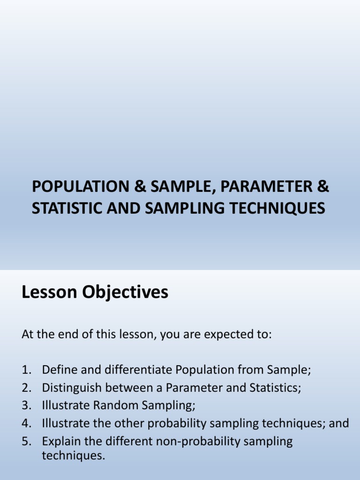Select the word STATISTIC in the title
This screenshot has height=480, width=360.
pyautogui.click(x=63, y=208)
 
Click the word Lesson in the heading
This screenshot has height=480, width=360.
pyautogui.click(x=50, y=292)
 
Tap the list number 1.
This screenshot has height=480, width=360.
pyautogui.click(x=26, y=370)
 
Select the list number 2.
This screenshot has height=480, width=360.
pyautogui.click(x=26, y=388)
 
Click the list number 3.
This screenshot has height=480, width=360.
pyautogui.click(x=26, y=405)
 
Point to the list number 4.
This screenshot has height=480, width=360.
pyautogui.click(x=26, y=423)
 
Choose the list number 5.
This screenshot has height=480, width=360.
pyautogui.click(x=26, y=441)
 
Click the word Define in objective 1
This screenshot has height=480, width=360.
pyautogui.click(x=57, y=370)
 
